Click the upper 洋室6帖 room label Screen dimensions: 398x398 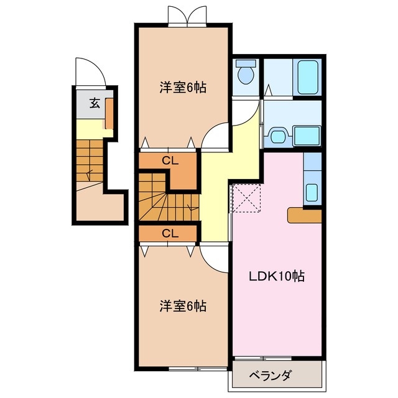[182, 88]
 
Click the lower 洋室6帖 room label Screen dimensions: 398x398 [182, 306]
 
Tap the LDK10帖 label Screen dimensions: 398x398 [277, 277]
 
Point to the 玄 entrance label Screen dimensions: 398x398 [94, 103]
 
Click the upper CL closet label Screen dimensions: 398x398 [170, 160]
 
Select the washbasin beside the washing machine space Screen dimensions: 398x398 [277, 134]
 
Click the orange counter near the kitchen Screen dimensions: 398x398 [303, 215]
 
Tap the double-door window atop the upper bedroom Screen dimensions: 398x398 [186, 15]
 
